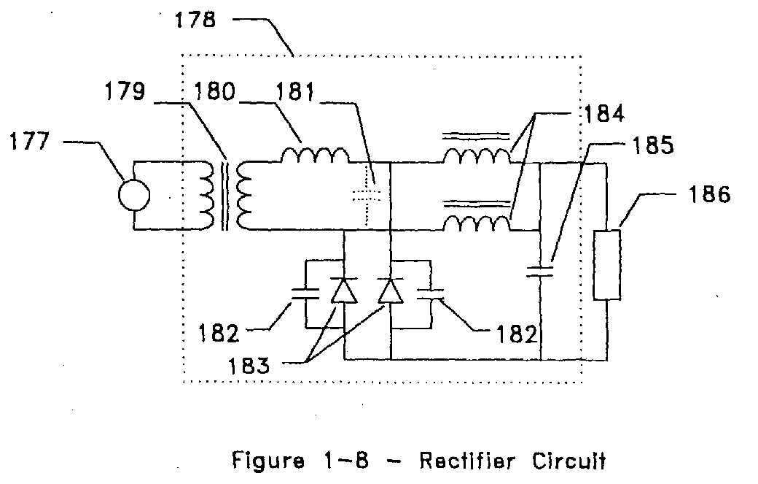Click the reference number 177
click(29, 142)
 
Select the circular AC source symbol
click(134, 195)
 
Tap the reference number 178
click(195, 20)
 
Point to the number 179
click(125, 91)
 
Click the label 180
click(214, 91)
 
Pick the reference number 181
click(295, 91)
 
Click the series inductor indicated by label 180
click(315, 155)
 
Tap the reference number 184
click(604, 114)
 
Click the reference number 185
click(652, 145)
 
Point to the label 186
click(709, 194)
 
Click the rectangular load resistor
click(607, 265)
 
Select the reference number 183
click(249, 366)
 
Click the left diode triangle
click(344, 291)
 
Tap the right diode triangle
click(391, 291)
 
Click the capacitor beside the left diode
click(305, 293)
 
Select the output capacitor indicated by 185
click(539, 272)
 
